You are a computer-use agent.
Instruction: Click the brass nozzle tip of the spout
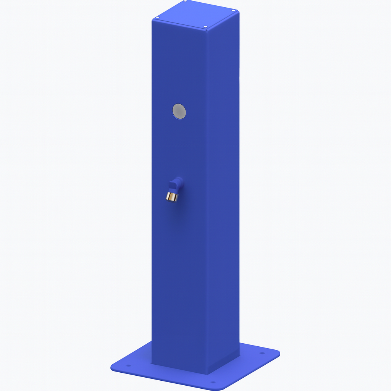coord(172,197)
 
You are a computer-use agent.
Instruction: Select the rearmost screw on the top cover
coord(186,2)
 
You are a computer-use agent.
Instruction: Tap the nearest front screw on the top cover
coord(205,27)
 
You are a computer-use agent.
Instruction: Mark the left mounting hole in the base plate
coord(128,365)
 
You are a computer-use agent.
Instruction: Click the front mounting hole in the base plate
coord(213,382)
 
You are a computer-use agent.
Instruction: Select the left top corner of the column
coord(152,19)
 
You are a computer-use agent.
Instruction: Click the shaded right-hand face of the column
coord(223,191)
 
